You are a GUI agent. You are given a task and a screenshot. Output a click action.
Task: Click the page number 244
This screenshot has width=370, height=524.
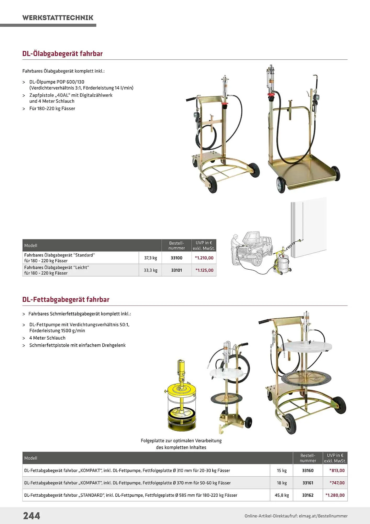click(x=32, y=516)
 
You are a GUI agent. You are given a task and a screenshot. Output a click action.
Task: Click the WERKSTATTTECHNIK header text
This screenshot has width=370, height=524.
click(x=58, y=18)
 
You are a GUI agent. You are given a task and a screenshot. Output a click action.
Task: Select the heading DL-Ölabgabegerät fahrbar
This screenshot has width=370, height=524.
click(x=63, y=53)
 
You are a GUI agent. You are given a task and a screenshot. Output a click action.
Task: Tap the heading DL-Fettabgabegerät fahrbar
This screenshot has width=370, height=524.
click(x=66, y=299)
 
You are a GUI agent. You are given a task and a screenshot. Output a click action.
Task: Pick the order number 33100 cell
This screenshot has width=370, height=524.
click(x=177, y=258)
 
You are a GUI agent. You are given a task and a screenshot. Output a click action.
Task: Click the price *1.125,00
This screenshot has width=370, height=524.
click(x=204, y=270)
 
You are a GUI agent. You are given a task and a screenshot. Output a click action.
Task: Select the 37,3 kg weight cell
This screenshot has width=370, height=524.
click(x=150, y=258)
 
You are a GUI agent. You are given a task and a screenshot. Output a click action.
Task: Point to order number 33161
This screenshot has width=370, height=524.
click(x=308, y=483)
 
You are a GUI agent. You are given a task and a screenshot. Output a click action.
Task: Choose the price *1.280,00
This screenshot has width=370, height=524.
click(x=335, y=495)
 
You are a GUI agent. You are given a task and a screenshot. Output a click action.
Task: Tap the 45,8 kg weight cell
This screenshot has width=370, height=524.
click(x=282, y=495)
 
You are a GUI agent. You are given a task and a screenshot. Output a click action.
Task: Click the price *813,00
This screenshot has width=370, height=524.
click(x=337, y=470)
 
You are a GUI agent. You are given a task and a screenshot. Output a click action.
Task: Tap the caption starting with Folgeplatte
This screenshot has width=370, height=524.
click(x=181, y=444)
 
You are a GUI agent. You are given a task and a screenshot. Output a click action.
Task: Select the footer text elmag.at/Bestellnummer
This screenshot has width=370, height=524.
click(x=323, y=516)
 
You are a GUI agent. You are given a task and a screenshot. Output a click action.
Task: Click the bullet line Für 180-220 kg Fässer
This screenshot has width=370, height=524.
click(x=52, y=108)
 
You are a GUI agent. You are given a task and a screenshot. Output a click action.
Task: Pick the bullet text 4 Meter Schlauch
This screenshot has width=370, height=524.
click(x=47, y=338)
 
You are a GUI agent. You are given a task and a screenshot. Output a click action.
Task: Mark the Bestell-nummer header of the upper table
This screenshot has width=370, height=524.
click(x=177, y=245)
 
